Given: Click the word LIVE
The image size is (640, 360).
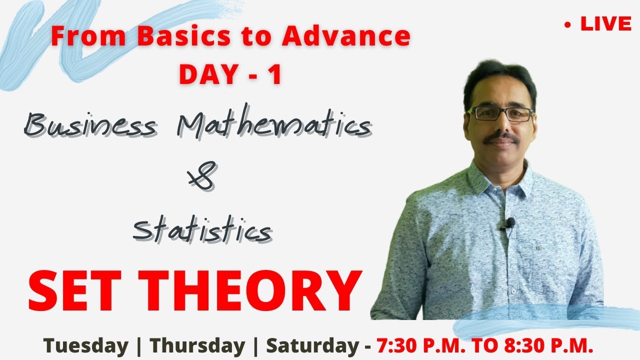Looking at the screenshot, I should pyautogui.click(x=605, y=24).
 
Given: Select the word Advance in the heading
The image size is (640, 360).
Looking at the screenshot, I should pyautogui.click(x=346, y=36).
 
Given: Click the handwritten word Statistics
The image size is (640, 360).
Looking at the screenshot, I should pyautogui.click(x=202, y=230).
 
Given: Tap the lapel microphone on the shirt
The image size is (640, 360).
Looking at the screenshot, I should pyautogui.click(x=510, y=222).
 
